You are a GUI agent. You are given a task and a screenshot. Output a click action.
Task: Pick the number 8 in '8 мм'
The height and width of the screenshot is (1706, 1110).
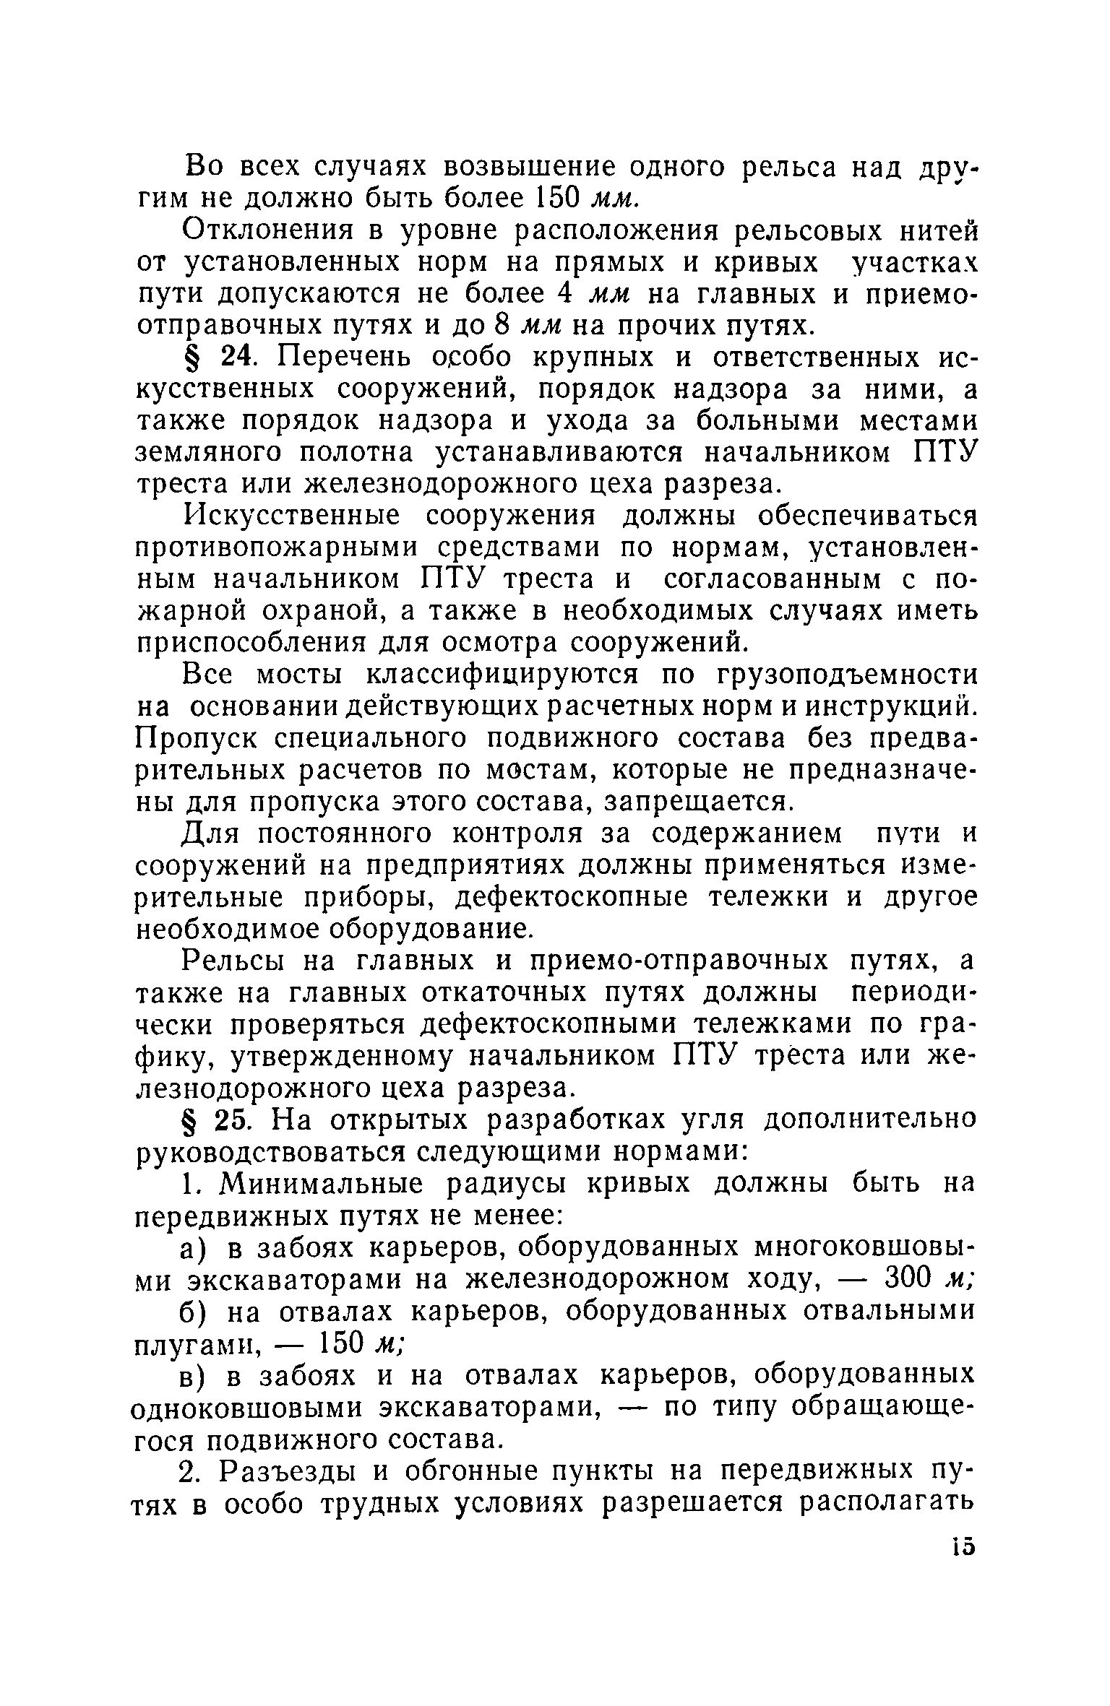click(503, 326)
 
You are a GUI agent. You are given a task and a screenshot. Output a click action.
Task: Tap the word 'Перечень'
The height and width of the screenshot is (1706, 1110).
click(340, 358)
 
